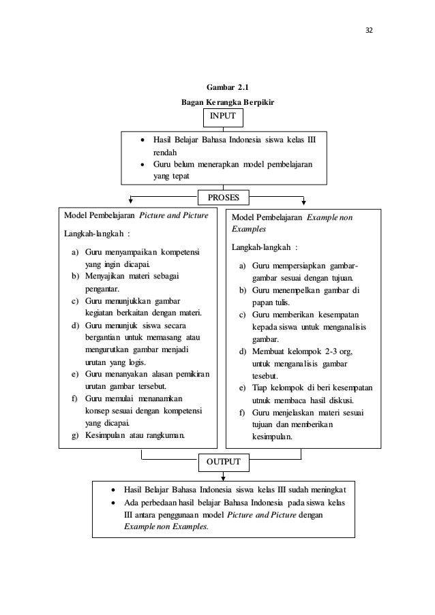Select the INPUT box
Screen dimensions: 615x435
click(223, 116)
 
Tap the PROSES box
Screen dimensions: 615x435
click(223, 198)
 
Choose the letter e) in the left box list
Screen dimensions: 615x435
click(74, 375)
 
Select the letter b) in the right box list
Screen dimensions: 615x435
click(242, 290)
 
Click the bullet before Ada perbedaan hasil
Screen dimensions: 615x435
click(113, 502)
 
